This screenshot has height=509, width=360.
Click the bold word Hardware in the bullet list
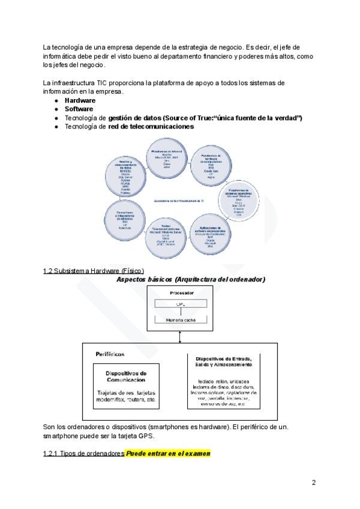coord(80,101)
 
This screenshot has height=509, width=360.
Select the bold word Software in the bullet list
coord(79,109)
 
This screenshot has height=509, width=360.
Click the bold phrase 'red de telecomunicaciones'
coord(151,127)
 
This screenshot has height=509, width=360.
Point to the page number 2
coord(313,482)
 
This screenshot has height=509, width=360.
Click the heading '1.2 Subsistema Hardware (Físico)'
coord(94,271)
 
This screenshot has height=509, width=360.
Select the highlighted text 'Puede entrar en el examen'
coord(168,453)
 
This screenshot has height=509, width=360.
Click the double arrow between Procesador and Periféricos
coord(179,338)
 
